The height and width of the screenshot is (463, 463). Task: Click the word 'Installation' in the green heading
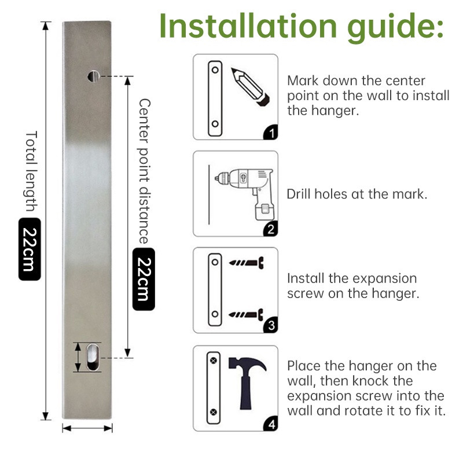248,26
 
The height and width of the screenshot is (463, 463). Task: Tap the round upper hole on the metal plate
94,76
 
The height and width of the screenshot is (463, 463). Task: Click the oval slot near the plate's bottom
93,357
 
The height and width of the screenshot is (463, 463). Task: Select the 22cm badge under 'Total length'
30,249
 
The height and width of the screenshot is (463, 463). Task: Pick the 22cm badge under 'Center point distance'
144,279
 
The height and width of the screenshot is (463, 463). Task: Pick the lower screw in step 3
246,314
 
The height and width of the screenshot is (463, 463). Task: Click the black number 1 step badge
271,133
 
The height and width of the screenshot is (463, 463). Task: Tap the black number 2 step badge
271,229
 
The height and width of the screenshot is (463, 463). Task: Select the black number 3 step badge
271,325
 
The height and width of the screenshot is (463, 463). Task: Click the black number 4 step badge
271,424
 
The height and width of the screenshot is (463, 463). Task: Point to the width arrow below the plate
87,428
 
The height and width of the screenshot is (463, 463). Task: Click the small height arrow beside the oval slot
78,357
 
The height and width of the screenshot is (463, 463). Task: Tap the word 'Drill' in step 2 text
299,194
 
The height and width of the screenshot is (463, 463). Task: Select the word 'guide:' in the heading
395,28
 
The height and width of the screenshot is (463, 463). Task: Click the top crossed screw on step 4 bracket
214,361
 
